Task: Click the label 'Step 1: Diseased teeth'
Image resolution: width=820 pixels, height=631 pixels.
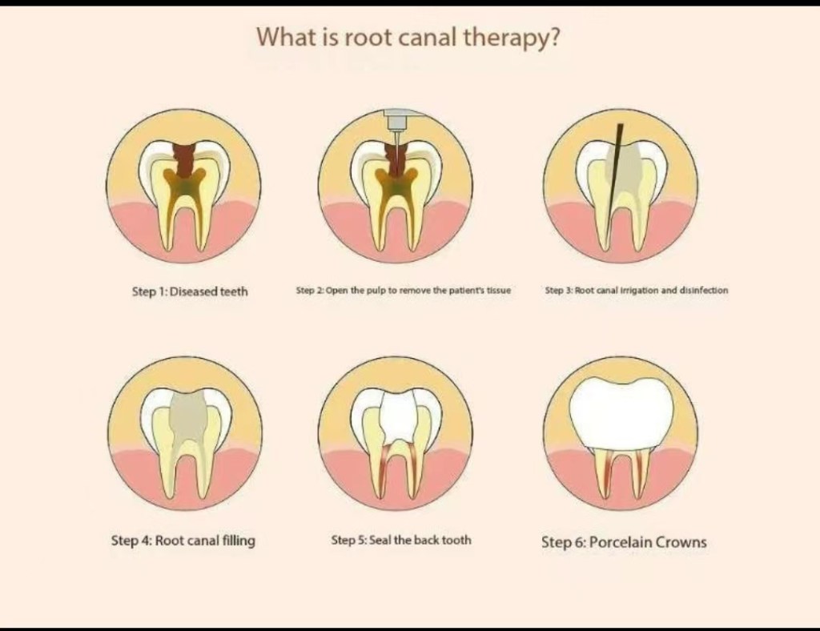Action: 190,291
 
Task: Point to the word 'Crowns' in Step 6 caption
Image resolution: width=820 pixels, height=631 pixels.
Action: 682,542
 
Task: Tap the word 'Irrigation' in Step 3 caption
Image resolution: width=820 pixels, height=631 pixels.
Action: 635,291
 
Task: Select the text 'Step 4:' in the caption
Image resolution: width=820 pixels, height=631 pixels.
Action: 131,541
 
